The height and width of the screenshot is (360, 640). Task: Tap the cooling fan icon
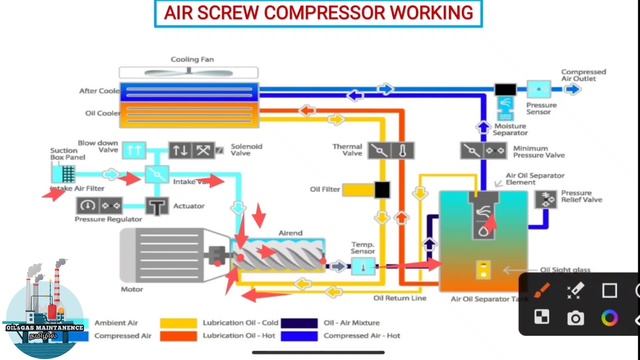[190, 72]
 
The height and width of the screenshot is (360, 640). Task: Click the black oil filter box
[381, 188]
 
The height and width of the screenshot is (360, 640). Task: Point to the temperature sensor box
[363, 265]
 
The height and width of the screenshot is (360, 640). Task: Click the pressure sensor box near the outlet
[536, 89]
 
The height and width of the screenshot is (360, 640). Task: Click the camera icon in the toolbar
[575, 318]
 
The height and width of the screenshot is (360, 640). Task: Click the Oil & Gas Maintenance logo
[44, 312]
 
